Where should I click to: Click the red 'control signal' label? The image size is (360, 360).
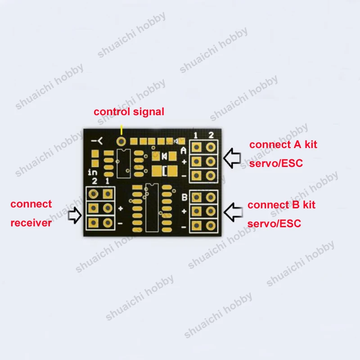coord(129,112)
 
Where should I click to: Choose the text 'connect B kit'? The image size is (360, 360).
coord(282,205)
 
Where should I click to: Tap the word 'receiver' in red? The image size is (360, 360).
coord(31,223)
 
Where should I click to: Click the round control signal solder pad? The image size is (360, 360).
coord(121,141)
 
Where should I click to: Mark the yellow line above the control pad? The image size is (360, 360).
coord(121,130)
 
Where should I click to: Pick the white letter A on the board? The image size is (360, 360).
coord(184,151)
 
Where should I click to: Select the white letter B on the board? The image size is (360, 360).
coord(184,197)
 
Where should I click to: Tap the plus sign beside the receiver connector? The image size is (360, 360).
coord(121,208)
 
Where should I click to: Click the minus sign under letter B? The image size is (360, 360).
coord(184,227)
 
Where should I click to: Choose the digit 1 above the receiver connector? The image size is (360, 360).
coord(108,181)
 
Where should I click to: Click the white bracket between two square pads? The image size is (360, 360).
coord(165,171)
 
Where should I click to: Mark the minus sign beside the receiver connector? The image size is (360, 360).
coord(120,223)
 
